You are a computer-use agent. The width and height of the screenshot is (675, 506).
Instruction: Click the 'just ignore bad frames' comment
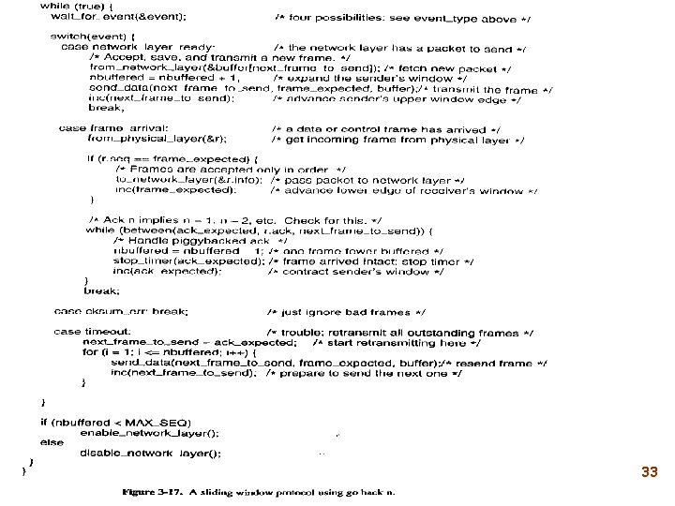tap(346, 310)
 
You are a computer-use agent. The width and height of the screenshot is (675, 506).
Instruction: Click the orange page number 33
tap(649, 474)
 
